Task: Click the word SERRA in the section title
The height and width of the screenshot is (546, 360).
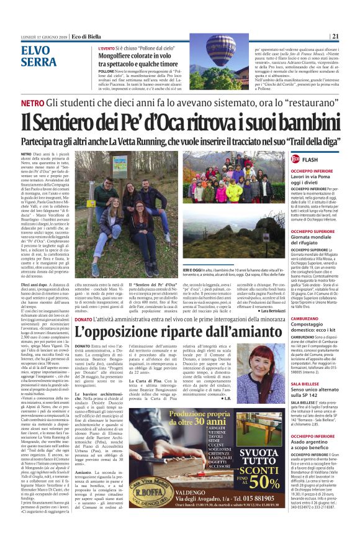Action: coord(38,61)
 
